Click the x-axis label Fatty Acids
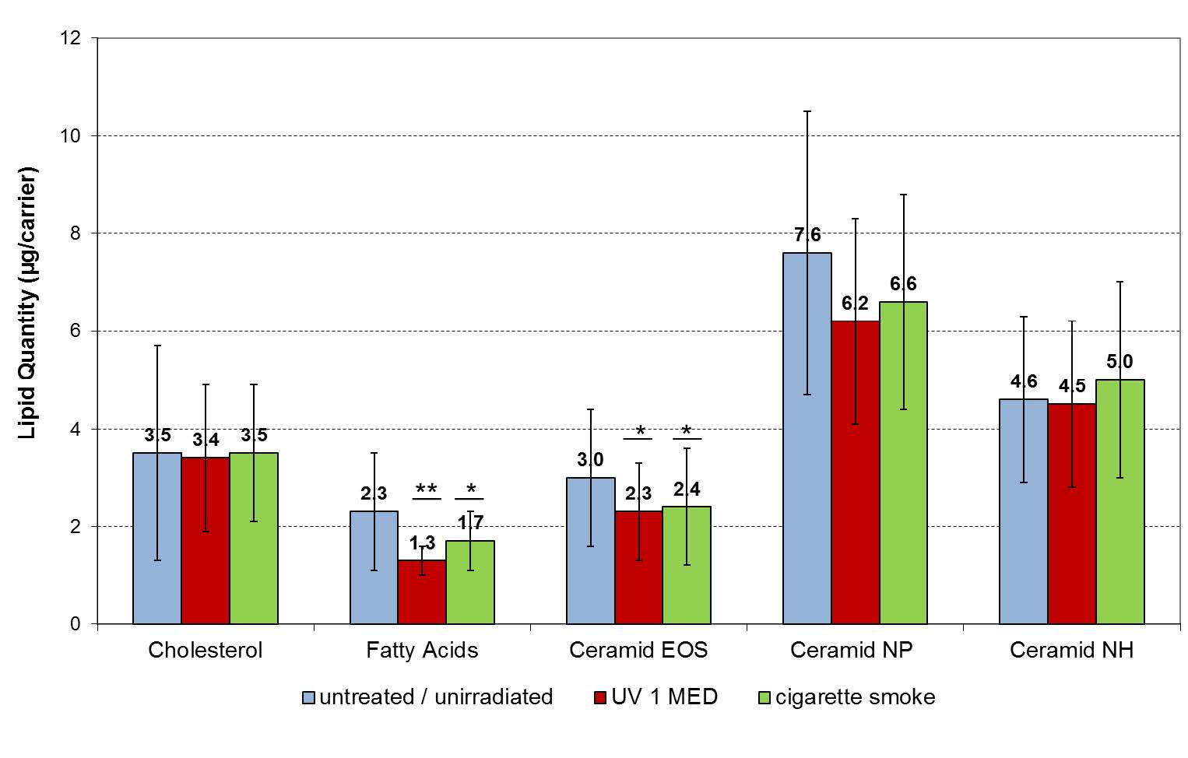pyautogui.click(x=422, y=651)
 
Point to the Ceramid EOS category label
pyautogui.click(x=638, y=651)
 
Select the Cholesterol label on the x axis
pyautogui.click(x=206, y=651)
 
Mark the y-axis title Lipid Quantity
pyautogui.click(x=28, y=304)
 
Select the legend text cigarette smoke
pyautogui.click(x=855, y=697)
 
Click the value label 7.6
pyautogui.click(x=807, y=235)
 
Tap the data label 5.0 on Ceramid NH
pyautogui.click(x=1119, y=362)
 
